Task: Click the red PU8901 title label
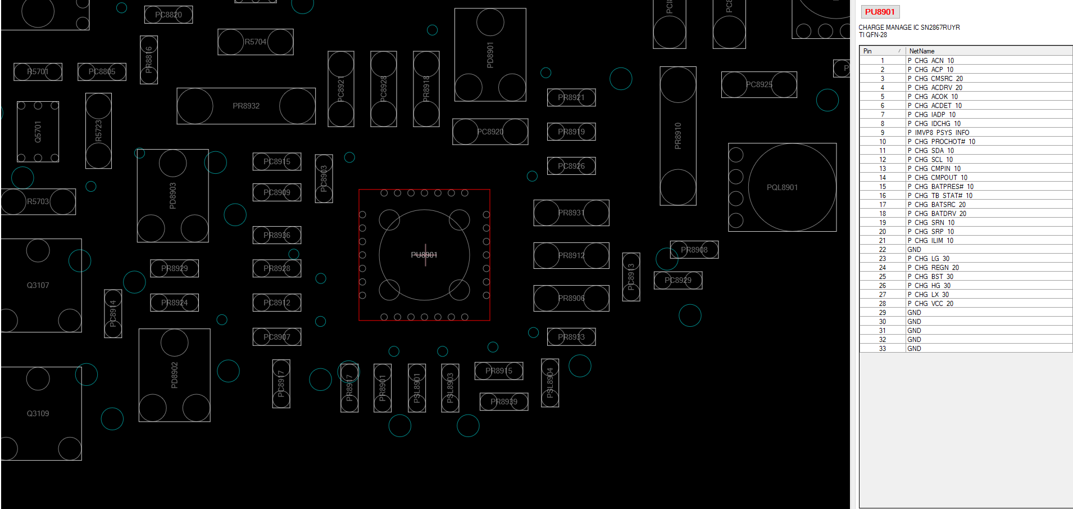point(879,12)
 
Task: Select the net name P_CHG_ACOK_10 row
point(933,97)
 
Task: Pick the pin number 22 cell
point(883,250)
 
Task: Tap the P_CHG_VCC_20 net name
point(930,304)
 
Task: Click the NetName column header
point(922,51)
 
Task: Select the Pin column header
point(868,51)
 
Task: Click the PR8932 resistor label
point(246,106)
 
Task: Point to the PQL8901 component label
point(782,187)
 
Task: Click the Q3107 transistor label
point(38,285)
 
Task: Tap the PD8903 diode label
point(172,196)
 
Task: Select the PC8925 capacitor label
point(759,84)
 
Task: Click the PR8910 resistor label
point(678,136)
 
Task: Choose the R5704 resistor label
point(255,42)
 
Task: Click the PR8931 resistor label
point(571,213)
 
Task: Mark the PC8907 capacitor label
point(277,337)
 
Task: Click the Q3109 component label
point(38,413)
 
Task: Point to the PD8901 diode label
point(490,55)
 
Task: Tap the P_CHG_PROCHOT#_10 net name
point(941,142)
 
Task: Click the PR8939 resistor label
point(504,402)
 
